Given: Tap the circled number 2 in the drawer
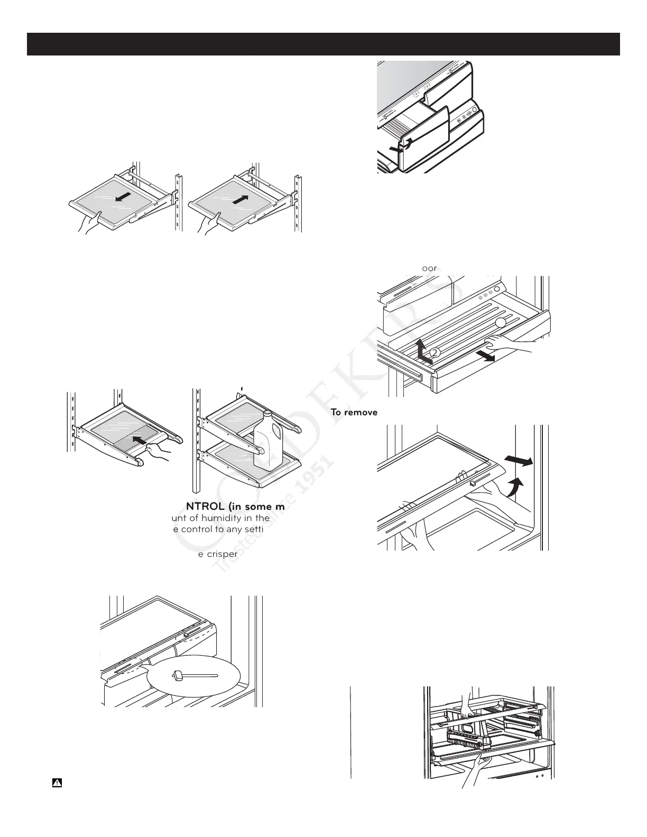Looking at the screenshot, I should pyautogui.click(x=434, y=352).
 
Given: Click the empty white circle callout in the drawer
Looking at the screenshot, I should pyautogui.click(x=501, y=323).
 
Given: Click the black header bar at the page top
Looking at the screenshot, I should pyautogui.click(x=323, y=44).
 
